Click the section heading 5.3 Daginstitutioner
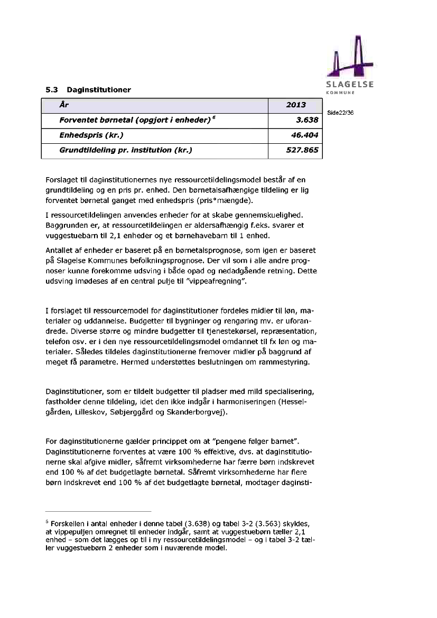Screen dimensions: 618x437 (88, 90)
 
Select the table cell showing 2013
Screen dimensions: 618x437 (295, 105)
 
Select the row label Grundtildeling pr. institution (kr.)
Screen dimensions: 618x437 (125, 150)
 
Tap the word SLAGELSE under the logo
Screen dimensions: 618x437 (349, 85)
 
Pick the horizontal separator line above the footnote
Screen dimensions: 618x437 (98, 511)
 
